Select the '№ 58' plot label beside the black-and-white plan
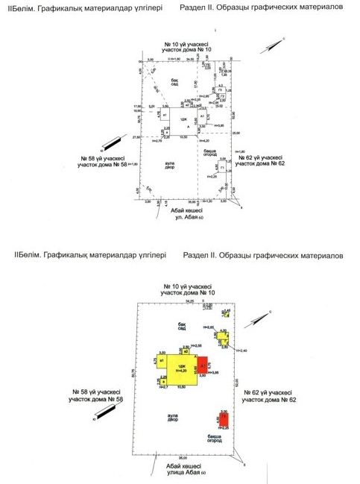(104, 161)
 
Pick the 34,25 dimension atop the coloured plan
(189, 300)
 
